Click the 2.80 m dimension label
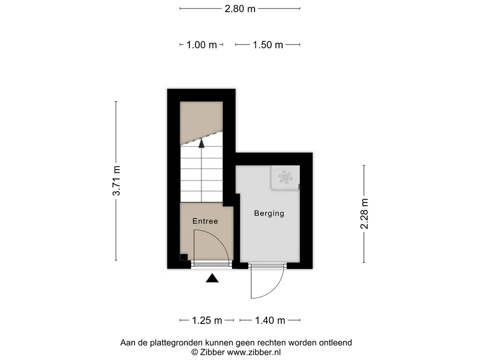(x=240, y=8)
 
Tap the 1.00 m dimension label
(x=202, y=45)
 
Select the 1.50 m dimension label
(x=268, y=45)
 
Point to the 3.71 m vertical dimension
(x=116, y=180)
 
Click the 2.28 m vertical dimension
(x=364, y=214)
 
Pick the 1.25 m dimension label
(x=207, y=320)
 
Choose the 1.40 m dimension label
(x=270, y=320)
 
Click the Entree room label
(x=205, y=221)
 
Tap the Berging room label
(x=269, y=213)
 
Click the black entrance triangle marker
(x=212, y=278)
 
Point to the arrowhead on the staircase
(x=202, y=143)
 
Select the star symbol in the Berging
(x=285, y=177)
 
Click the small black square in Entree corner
(x=184, y=257)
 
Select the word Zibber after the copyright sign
(x=213, y=352)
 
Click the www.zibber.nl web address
(x=254, y=352)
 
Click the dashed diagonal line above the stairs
(x=202, y=138)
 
